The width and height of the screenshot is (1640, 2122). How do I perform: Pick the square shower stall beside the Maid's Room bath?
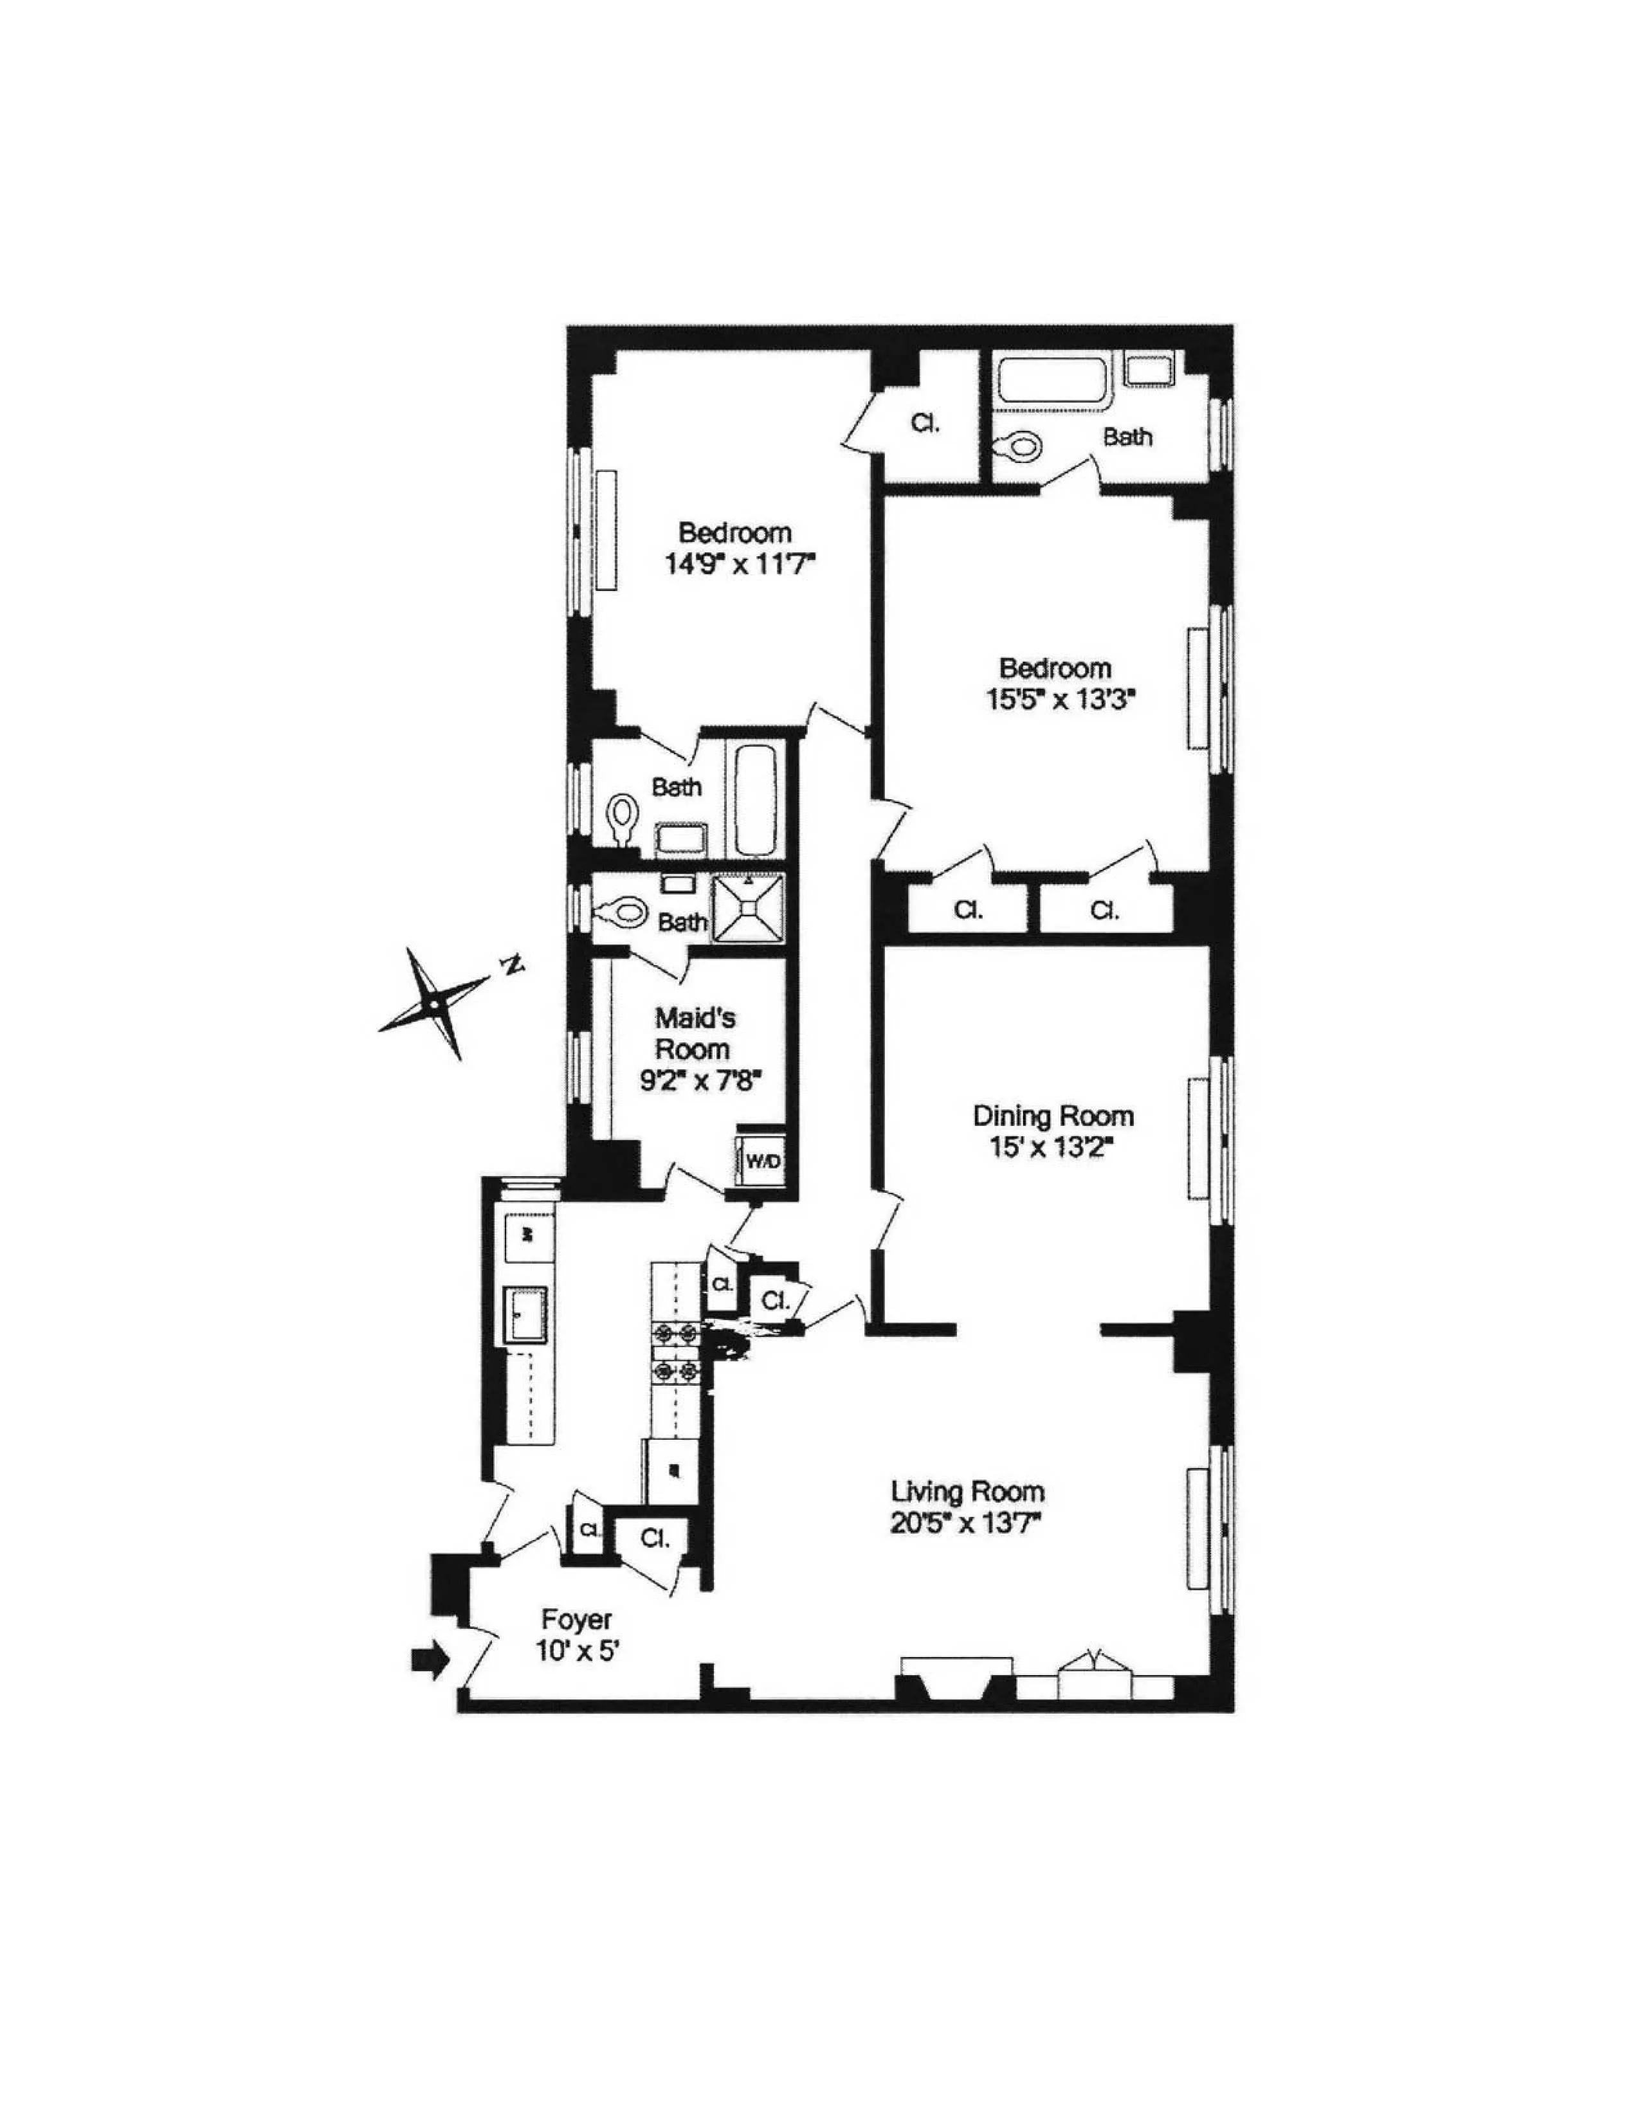(748, 909)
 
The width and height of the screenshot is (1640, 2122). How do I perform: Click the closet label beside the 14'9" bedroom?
(925, 424)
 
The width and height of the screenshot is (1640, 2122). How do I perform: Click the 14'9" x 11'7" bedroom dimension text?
(736, 563)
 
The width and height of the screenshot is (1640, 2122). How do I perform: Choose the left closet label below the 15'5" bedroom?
(968, 911)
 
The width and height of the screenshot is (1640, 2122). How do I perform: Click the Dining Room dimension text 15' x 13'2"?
(1053, 1147)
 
